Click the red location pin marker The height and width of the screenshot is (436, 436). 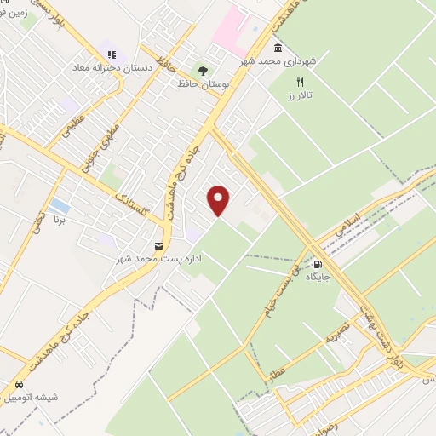pos(220,199)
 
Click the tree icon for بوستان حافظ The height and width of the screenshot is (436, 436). pos(203,72)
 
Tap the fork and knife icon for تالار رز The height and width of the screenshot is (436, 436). pos(299,81)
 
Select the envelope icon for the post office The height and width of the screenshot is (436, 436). pos(158,246)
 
